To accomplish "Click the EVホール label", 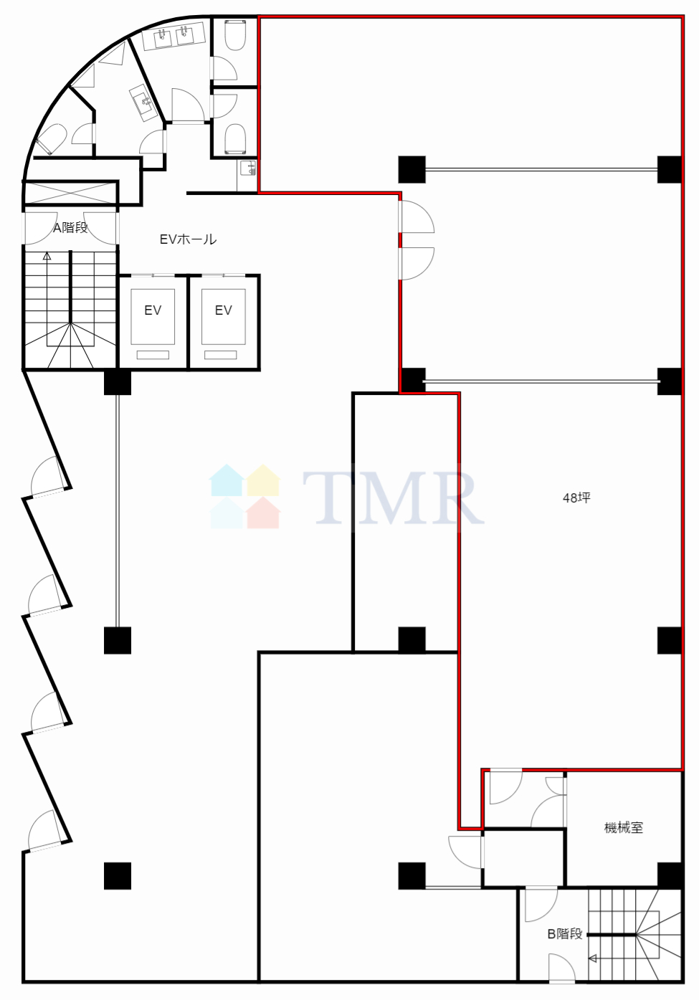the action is pyautogui.click(x=188, y=239).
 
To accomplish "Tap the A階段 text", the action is pyautogui.click(x=70, y=228).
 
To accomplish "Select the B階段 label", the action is pyautogui.click(x=565, y=934).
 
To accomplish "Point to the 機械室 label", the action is pyautogui.click(x=624, y=828).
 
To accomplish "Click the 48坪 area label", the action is pyautogui.click(x=576, y=497).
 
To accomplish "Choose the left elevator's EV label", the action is pyautogui.click(x=153, y=310).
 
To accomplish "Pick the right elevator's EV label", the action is pyautogui.click(x=223, y=310).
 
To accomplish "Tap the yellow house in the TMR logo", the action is pyautogui.click(x=263, y=480).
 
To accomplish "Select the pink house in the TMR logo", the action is pyautogui.click(x=263, y=513).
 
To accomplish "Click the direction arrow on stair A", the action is pyautogui.click(x=47, y=256).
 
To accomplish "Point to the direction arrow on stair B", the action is pyautogui.click(x=593, y=958).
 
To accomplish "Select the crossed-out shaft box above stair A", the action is pyautogui.click(x=70, y=194).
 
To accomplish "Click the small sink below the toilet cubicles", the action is pyautogui.click(x=247, y=168).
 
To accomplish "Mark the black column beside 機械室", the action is pyautogui.click(x=670, y=875).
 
